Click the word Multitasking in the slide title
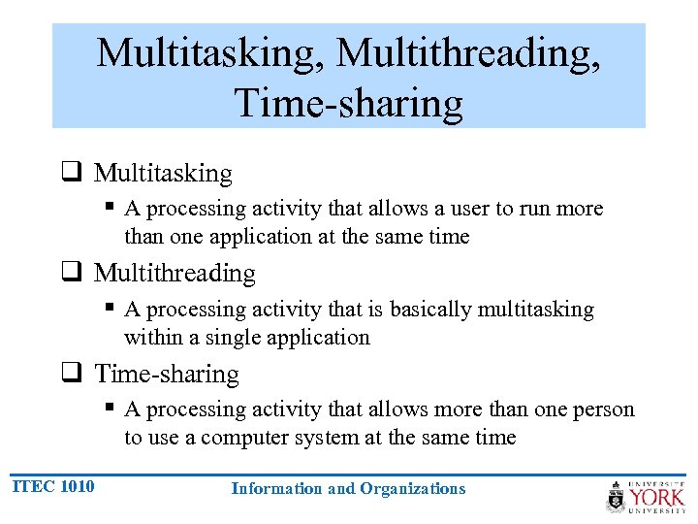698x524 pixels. coord(210,53)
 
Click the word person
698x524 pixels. coord(605,409)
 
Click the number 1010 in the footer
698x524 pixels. coord(77,486)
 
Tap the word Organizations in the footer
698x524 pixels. coord(413,489)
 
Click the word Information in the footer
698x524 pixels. coord(276,489)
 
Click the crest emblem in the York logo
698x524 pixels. coord(617,497)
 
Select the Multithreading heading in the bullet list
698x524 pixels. coord(174,274)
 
